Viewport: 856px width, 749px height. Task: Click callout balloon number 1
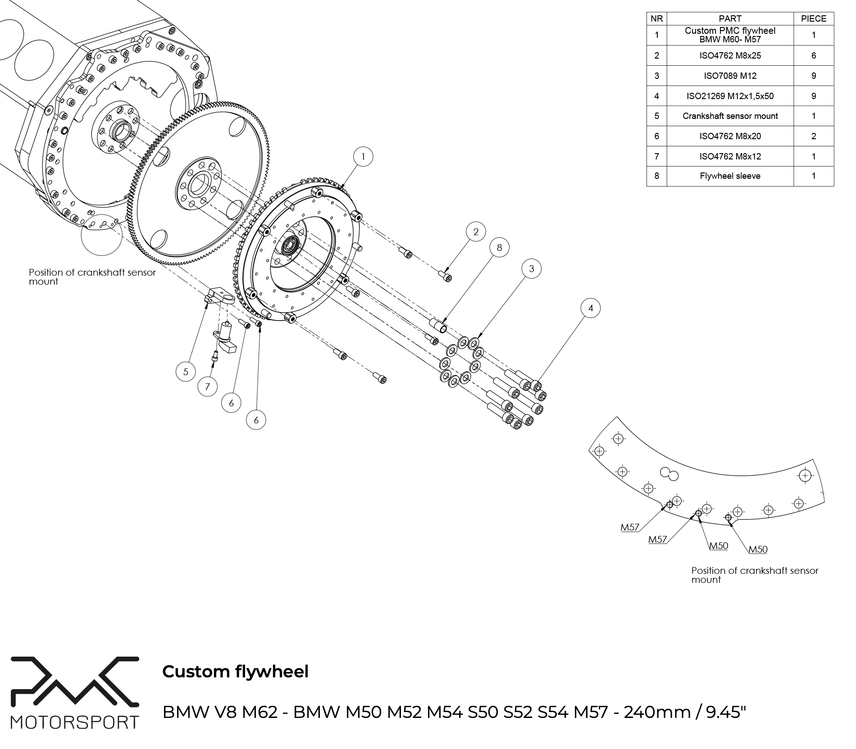pyautogui.click(x=363, y=157)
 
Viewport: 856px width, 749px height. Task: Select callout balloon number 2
pyautogui.click(x=476, y=232)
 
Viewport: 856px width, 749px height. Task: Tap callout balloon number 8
pyautogui.click(x=499, y=247)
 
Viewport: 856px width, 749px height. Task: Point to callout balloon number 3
pyautogui.click(x=532, y=269)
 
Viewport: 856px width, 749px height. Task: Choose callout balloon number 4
pyautogui.click(x=591, y=308)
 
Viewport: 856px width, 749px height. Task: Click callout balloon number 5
pyautogui.click(x=186, y=372)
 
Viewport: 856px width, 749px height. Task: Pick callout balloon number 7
pyautogui.click(x=208, y=386)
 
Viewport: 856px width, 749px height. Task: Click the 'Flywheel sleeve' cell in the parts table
pyautogui.click(x=730, y=176)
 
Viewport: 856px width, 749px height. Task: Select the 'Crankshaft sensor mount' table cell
pyautogui.click(x=730, y=116)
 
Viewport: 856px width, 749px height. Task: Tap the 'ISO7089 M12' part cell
pyautogui.click(x=730, y=76)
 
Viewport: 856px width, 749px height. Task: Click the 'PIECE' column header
pyautogui.click(x=813, y=19)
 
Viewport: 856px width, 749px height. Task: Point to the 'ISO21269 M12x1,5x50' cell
pyautogui.click(x=730, y=96)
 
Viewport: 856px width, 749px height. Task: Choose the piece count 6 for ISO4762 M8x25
pyautogui.click(x=813, y=56)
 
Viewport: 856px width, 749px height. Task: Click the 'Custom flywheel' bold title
pyautogui.click(x=235, y=672)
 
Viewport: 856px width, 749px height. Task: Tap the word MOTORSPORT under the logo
pyautogui.click(x=75, y=722)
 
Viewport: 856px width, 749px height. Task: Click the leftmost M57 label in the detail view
pyautogui.click(x=630, y=527)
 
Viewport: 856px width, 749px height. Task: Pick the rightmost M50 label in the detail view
pyautogui.click(x=758, y=549)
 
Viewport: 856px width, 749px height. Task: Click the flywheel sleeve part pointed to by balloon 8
pyautogui.click(x=437, y=325)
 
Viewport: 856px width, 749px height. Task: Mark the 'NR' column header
pyautogui.click(x=656, y=19)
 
